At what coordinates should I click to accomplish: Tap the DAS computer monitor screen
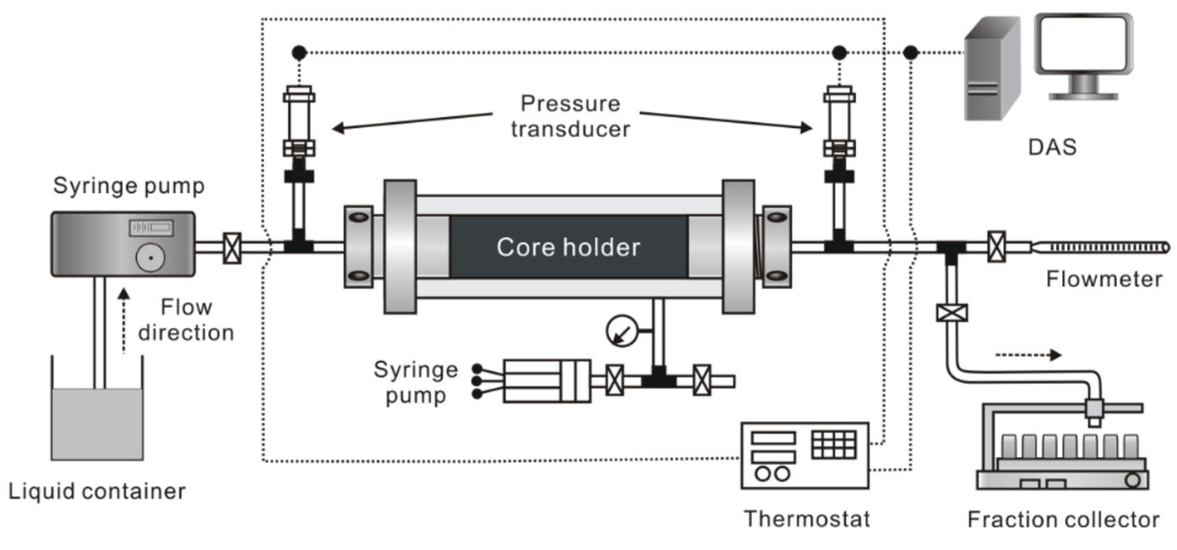[x=1083, y=43]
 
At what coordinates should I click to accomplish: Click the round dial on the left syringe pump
[x=150, y=257]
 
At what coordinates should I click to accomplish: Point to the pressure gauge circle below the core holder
[x=622, y=331]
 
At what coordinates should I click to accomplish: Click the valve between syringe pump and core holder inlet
[x=232, y=248]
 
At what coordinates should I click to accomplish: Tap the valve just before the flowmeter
[x=996, y=247]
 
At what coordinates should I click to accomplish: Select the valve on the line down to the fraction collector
[x=951, y=313]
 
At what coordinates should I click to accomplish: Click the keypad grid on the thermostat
[x=834, y=444]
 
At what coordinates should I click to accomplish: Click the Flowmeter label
[x=1104, y=280]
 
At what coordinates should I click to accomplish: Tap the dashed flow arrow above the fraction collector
[x=1028, y=355]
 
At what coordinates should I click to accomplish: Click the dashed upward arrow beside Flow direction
[x=124, y=320]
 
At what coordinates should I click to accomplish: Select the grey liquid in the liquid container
[x=97, y=424]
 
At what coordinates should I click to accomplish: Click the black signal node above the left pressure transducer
[x=299, y=53]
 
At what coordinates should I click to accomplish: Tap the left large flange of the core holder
[x=400, y=247]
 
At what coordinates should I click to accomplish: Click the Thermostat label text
[x=807, y=519]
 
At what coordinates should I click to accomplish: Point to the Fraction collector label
[x=1063, y=520]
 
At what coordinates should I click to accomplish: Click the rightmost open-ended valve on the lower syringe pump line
[x=702, y=380]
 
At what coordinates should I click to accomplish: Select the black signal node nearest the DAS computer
[x=911, y=53]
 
